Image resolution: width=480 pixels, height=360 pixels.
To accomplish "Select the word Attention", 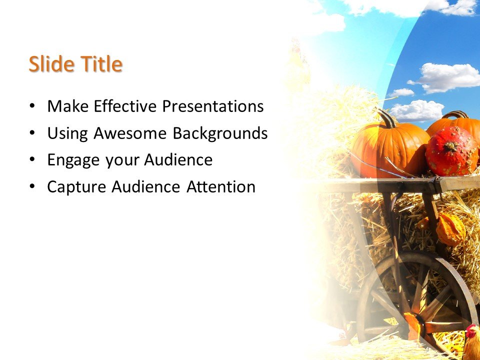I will point(221,187).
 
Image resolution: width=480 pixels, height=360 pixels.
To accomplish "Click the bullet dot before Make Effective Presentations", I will point(32,106).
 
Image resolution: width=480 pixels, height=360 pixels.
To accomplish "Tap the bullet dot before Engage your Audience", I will point(32,160).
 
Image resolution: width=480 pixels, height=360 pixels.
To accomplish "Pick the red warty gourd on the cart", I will point(451,151).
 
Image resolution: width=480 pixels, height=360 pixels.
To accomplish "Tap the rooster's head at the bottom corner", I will point(471,332).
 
